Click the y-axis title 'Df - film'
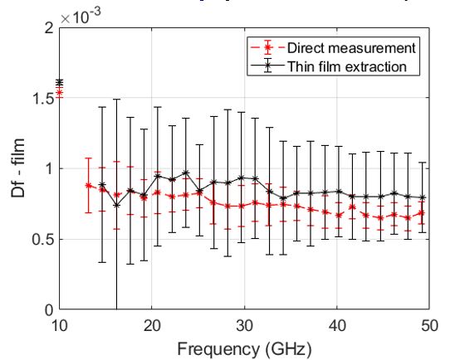point(17,168)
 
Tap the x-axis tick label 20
point(151,324)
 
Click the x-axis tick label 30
point(244,324)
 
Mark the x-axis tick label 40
point(336,324)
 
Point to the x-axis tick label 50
point(428,324)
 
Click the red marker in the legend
point(267,47)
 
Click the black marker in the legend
point(267,66)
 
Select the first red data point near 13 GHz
point(88,185)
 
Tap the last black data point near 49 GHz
point(422,197)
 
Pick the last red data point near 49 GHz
point(422,213)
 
